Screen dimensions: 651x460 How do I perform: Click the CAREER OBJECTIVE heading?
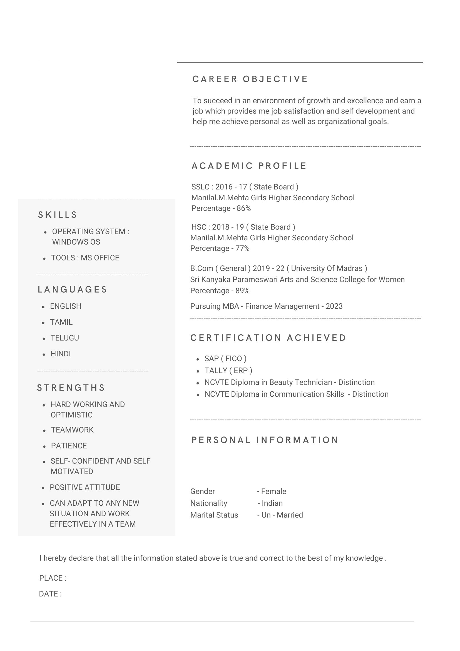click(x=250, y=79)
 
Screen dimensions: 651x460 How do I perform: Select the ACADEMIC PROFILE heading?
click(x=249, y=166)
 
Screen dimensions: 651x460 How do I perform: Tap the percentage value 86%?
click(x=243, y=208)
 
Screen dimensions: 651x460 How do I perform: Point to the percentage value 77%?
click(x=242, y=248)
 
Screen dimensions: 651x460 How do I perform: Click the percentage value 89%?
click(x=242, y=291)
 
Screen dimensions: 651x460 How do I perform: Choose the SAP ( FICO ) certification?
click(x=225, y=359)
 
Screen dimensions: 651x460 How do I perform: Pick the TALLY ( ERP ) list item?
click(x=228, y=371)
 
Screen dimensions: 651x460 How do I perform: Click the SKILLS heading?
click(x=58, y=215)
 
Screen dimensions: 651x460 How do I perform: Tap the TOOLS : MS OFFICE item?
click(x=85, y=258)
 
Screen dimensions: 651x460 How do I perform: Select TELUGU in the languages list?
click(x=65, y=338)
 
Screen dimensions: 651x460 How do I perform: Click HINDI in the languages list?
click(x=61, y=354)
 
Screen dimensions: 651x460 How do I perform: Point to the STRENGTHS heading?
click(x=71, y=388)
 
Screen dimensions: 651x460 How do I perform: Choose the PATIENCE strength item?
click(x=69, y=446)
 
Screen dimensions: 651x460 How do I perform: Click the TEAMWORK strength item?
click(x=72, y=430)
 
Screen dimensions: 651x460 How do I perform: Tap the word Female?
click(x=273, y=491)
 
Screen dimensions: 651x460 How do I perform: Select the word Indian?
click(x=272, y=503)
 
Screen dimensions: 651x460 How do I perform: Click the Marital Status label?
click(x=214, y=515)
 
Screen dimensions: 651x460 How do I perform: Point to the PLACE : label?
click(x=53, y=578)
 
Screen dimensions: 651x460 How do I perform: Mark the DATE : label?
click(x=50, y=594)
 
